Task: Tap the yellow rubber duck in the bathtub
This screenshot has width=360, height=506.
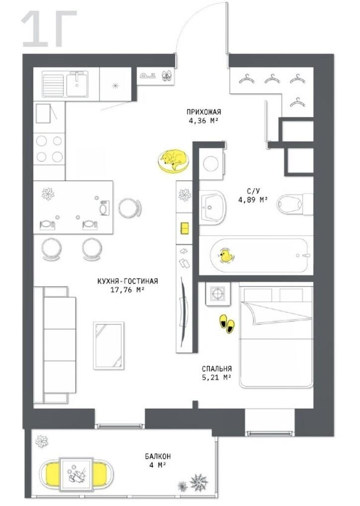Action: [x=226, y=256]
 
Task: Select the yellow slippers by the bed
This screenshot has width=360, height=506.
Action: [x=227, y=324]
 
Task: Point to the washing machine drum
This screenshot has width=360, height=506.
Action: [x=210, y=164]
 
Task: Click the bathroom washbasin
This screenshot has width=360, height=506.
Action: [x=212, y=207]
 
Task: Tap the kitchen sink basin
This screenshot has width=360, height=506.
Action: [x=77, y=84]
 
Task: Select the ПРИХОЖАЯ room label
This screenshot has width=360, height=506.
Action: [x=204, y=112]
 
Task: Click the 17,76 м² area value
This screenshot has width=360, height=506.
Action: [x=127, y=290]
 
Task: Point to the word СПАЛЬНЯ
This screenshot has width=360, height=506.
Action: [x=217, y=368]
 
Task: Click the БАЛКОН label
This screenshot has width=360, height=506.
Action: [x=158, y=456]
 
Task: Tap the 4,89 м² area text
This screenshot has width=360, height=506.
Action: [x=253, y=200]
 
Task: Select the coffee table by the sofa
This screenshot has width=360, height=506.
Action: [x=108, y=345]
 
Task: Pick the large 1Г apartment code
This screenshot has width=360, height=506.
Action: [x=49, y=28]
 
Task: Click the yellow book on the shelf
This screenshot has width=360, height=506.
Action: [x=185, y=228]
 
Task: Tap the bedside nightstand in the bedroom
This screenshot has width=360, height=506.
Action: [x=218, y=293]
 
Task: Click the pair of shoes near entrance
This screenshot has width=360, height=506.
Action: [x=167, y=76]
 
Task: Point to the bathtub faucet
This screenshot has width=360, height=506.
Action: [x=304, y=255]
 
